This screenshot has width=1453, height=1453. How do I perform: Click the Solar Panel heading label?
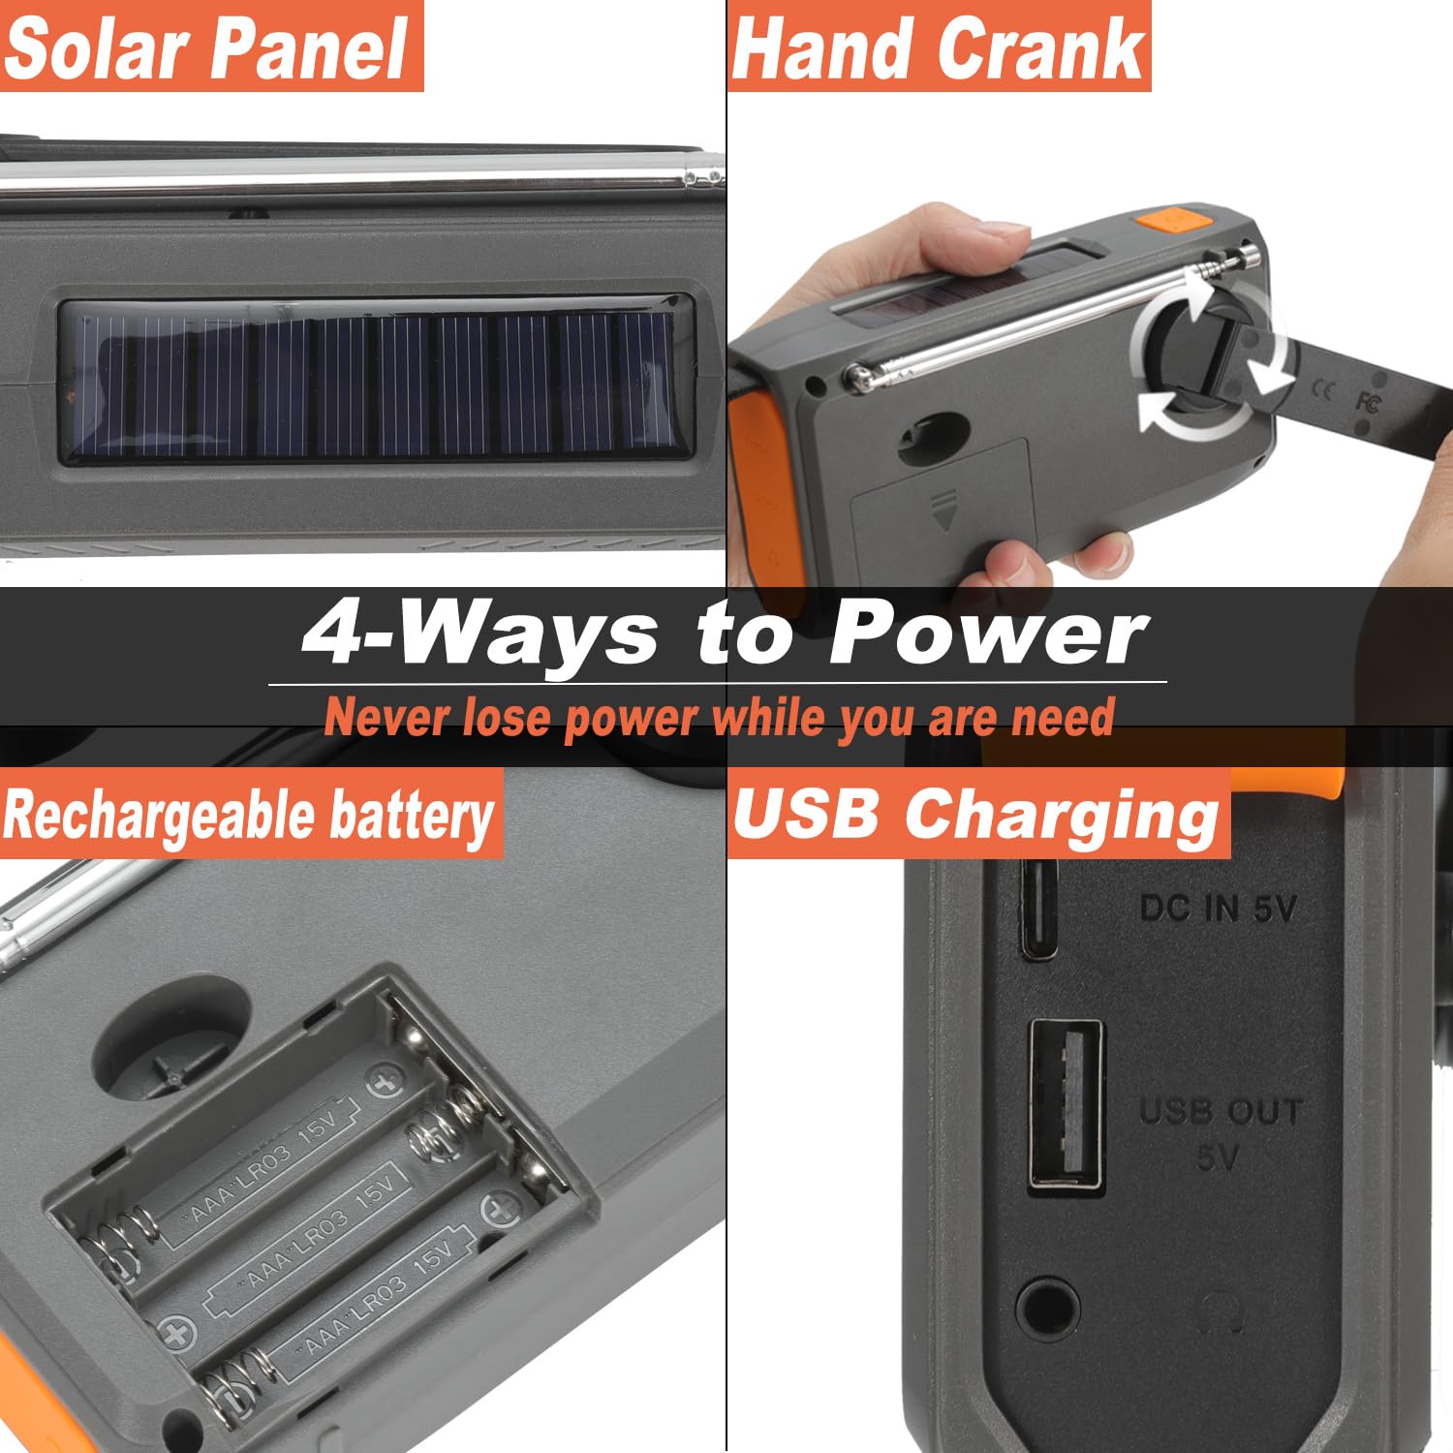pyautogui.click(x=208, y=48)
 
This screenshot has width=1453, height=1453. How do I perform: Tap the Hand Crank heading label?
pyautogui.click(x=938, y=48)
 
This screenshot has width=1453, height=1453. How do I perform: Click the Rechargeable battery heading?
pyautogui.click(x=249, y=814)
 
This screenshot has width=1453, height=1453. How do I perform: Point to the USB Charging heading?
pyautogui.click(x=976, y=814)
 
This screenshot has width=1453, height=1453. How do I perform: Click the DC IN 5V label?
pyautogui.click(x=1218, y=909)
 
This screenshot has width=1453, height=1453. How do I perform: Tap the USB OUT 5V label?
pyautogui.click(x=1220, y=1133)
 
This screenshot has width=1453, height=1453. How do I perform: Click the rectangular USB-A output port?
pyautogui.click(x=1066, y=1104)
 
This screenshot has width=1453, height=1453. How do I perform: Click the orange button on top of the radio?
pyautogui.click(x=1173, y=220)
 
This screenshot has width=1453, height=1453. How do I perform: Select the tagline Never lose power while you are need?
pyautogui.click(x=719, y=719)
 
